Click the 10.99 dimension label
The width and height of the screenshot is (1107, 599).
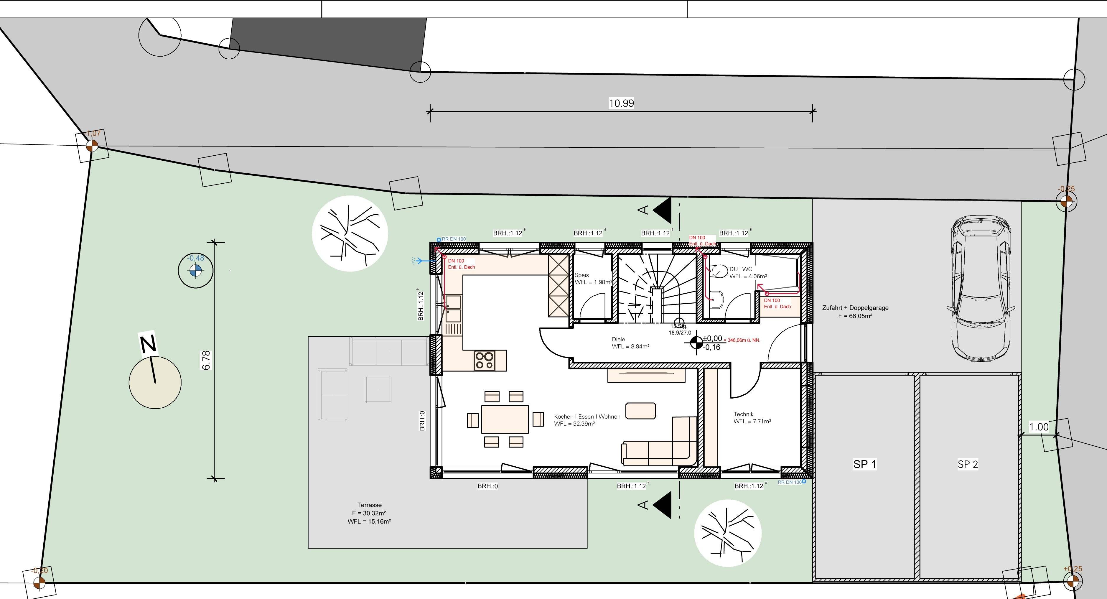pos(621,103)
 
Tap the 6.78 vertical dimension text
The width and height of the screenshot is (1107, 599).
pos(206,360)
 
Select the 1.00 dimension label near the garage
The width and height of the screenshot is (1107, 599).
pos(1039,427)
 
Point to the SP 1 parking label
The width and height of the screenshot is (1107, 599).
pos(865,464)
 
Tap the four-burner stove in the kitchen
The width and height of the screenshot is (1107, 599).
pos(484,360)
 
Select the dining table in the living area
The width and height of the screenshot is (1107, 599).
pos(505,419)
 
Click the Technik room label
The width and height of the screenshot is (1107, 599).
pos(743,414)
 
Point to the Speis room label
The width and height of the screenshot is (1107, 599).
pos(582,275)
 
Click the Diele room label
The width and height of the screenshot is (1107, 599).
pos(618,340)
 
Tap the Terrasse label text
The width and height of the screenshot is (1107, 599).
pos(369,505)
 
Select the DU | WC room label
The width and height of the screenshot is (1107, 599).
pos(740,269)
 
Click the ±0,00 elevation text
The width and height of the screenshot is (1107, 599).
pos(712,339)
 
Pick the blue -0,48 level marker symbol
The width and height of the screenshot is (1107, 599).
pos(195,271)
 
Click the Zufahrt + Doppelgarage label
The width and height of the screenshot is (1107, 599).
pos(855,308)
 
